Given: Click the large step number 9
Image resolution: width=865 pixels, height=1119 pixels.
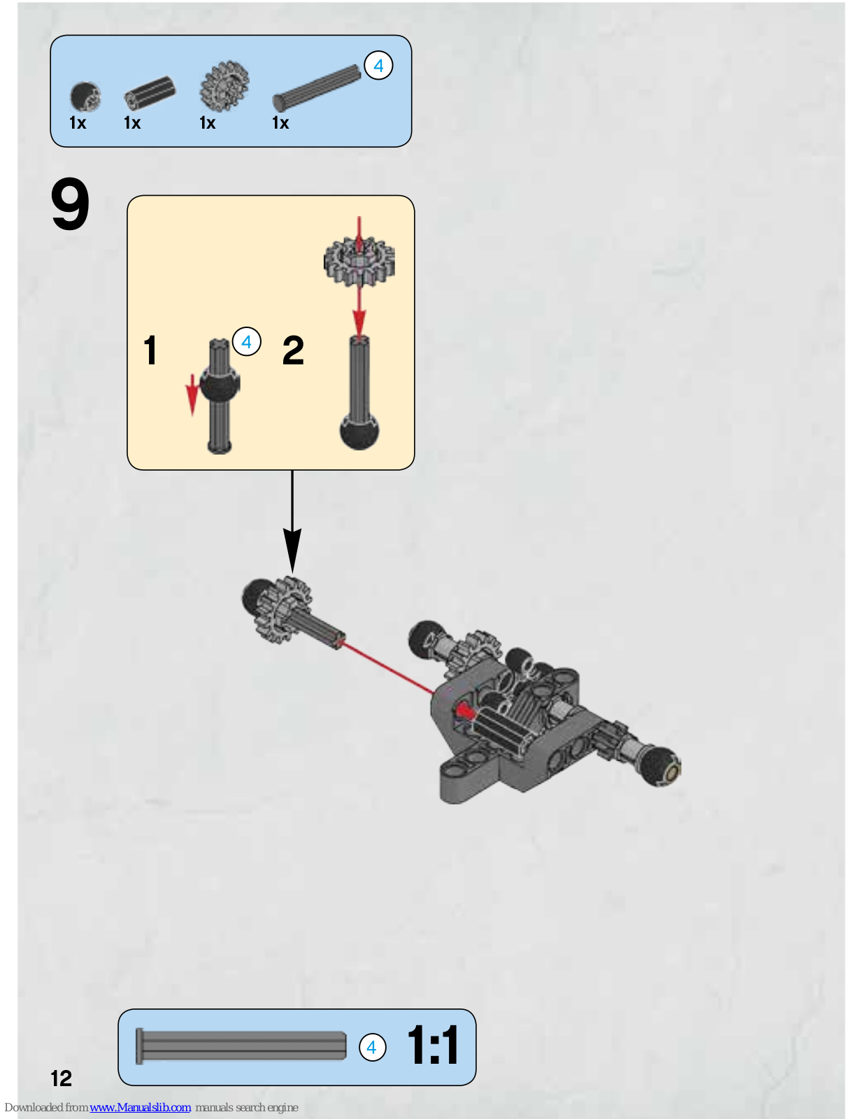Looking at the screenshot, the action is pyautogui.click(x=71, y=204).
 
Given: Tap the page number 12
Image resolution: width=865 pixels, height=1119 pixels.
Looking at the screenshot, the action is pyautogui.click(x=62, y=1078).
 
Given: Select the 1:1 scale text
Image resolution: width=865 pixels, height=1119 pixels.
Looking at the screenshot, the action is pyautogui.click(x=432, y=1045).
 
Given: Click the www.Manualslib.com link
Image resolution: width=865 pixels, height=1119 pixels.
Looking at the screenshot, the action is pyautogui.click(x=140, y=1107).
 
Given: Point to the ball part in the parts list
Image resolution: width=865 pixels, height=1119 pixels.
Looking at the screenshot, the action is pyautogui.click(x=85, y=97).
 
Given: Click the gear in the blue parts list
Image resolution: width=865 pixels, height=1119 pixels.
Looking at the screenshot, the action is pyautogui.click(x=224, y=86).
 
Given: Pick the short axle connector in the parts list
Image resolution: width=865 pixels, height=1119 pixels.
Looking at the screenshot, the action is pyautogui.click(x=150, y=93).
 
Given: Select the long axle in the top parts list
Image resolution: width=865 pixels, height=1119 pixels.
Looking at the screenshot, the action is pyautogui.click(x=316, y=87).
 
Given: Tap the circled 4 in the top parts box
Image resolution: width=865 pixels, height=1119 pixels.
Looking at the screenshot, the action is pyautogui.click(x=378, y=66).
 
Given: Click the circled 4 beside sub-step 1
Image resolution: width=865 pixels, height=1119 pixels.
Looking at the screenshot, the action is pyautogui.click(x=247, y=341).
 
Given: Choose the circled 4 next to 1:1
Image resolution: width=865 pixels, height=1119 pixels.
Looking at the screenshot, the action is pyautogui.click(x=372, y=1047).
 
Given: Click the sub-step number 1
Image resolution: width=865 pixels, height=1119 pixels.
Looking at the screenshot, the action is pyautogui.click(x=150, y=350).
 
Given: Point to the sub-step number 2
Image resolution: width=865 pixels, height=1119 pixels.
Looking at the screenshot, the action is pyautogui.click(x=293, y=350).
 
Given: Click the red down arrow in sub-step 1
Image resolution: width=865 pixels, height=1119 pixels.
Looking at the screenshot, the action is pyautogui.click(x=192, y=394).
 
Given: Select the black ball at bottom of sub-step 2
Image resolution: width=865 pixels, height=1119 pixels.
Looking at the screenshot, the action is pyautogui.click(x=359, y=431).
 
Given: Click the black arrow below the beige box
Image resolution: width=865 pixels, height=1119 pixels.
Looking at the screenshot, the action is pyautogui.click(x=292, y=522).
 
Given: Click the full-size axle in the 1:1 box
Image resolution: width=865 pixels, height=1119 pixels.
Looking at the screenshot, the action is pyautogui.click(x=241, y=1046).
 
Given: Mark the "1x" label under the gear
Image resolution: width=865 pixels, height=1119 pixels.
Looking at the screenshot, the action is pyautogui.click(x=208, y=123).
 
